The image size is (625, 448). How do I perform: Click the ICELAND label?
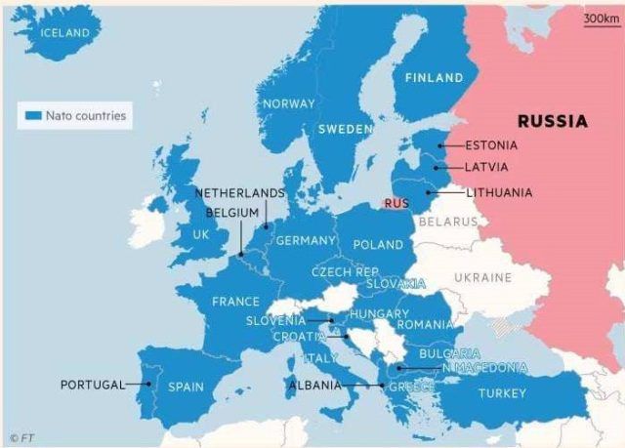point(64,33)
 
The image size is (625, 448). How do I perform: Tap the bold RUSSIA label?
point(553,122)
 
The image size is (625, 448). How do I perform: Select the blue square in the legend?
point(32,116)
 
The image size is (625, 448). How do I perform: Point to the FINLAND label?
point(434,78)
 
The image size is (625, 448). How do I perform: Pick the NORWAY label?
point(288,103)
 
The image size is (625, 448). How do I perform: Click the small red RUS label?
point(396,204)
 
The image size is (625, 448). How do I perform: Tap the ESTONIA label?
point(492,146)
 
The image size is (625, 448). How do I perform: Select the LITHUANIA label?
point(499,193)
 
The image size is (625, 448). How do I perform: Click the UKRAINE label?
point(482,278)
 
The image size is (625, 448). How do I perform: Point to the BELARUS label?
point(447,222)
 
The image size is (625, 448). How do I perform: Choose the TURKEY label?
point(502,394)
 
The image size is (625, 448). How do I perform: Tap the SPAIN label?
point(186,387)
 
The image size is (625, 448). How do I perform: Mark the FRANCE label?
point(236,302)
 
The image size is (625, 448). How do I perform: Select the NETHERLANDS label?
point(239,193)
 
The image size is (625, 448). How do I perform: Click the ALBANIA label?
point(314,386)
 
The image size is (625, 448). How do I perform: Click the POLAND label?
point(378,245)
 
